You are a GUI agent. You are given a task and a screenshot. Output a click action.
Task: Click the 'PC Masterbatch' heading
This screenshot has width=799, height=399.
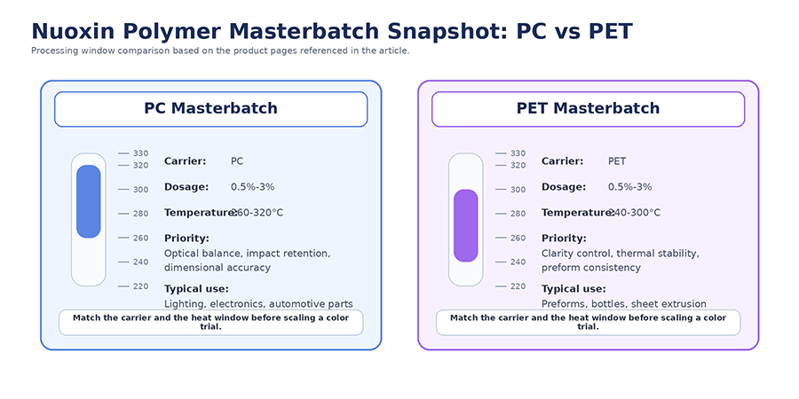tap(210, 108)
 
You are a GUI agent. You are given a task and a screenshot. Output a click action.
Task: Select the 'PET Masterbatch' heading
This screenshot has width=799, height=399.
tap(588, 108)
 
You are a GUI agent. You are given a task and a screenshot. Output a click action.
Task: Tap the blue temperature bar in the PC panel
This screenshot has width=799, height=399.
tap(89, 201)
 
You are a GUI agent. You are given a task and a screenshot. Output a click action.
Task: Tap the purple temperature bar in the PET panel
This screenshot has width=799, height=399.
tap(466, 225)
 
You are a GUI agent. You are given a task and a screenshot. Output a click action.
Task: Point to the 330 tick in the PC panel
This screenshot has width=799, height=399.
tap(140, 153)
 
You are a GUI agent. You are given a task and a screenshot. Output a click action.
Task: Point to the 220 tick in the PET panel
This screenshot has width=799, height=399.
tap(518, 286)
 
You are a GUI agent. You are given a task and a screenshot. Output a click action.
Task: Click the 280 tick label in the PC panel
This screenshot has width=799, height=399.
tap(140, 214)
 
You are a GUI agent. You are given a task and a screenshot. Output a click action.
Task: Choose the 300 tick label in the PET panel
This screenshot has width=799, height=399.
tap(518, 190)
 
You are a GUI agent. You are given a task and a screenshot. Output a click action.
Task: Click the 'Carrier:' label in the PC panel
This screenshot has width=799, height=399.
tap(185, 161)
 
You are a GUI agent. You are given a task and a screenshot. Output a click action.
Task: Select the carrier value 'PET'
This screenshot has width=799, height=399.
tap(617, 161)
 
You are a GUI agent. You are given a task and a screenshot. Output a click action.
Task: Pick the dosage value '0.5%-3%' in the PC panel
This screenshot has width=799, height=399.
tap(252, 187)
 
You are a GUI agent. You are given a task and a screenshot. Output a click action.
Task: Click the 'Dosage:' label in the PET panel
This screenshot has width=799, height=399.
tap(564, 187)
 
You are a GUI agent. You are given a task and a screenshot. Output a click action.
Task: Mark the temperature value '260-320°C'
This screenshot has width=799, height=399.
tap(257, 213)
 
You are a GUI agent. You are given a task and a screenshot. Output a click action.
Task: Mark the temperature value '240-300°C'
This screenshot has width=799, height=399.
tap(635, 213)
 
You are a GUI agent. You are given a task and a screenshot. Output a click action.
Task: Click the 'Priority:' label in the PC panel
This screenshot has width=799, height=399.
tap(186, 239)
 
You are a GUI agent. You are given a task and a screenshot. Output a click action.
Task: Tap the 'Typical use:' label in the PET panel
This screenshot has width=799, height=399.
tap(574, 289)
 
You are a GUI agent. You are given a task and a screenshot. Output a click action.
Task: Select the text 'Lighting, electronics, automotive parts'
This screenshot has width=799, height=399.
tap(258, 303)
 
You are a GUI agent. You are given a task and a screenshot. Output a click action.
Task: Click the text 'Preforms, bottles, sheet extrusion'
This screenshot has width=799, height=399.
tap(624, 303)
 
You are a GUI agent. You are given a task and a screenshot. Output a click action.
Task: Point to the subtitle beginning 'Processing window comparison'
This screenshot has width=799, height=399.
tap(220, 51)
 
